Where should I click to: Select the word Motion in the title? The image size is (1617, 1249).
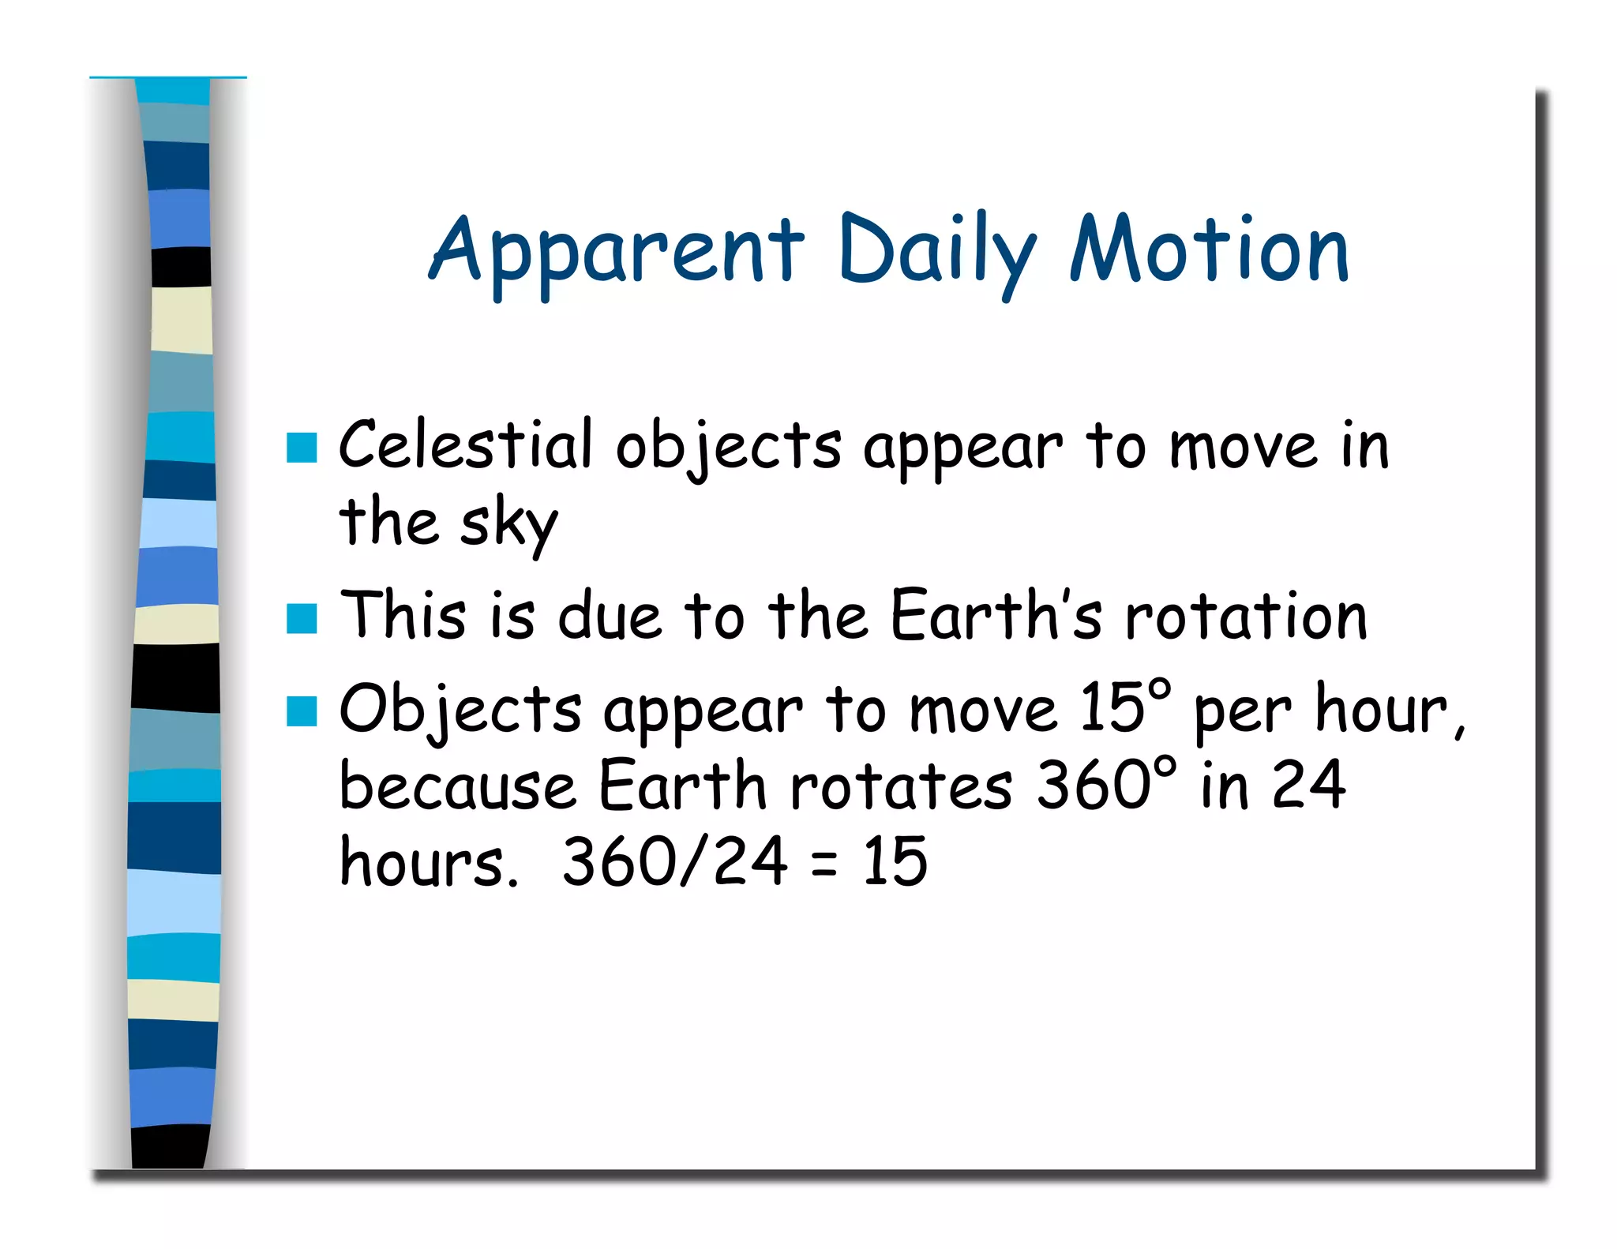tap(1208, 251)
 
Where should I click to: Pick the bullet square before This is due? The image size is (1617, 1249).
tap(302, 618)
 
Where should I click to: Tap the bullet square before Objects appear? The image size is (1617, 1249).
tap(302, 711)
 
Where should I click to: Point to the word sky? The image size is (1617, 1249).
tap(508, 524)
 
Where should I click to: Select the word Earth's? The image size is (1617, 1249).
tap(995, 616)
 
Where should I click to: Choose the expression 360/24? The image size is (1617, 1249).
tap(674, 861)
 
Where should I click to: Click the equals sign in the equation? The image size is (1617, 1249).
tap(824, 865)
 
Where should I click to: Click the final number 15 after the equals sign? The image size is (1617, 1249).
tap(895, 861)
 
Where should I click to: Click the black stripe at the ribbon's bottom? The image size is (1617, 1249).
tap(170, 1146)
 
